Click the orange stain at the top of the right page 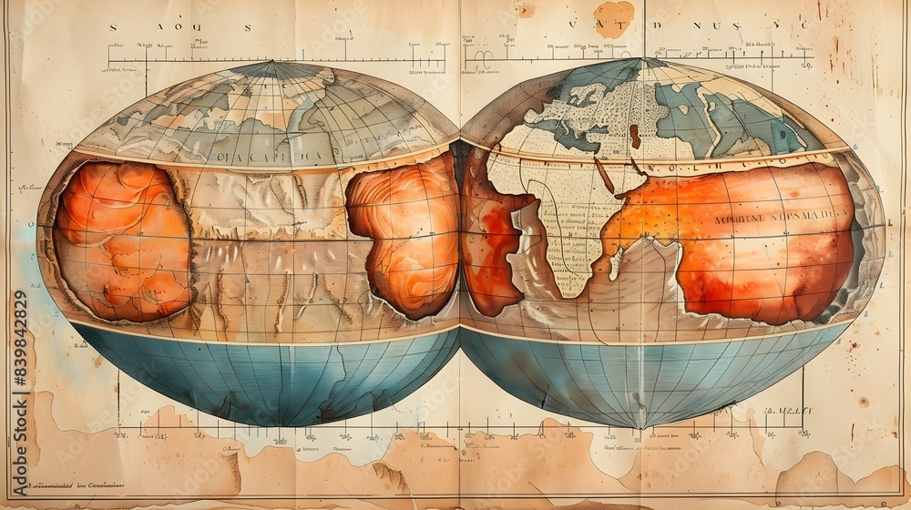[x=614, y=17]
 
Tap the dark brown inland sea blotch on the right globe [x=634, y=136]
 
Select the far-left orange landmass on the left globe [x=120, y=241]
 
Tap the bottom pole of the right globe [x=641, y=425]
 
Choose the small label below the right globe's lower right [x=787, y=412]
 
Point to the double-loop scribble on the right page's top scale [x=482, y=56]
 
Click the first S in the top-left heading [x=113, y=27]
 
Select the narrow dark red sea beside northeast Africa [x=604, y=174]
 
